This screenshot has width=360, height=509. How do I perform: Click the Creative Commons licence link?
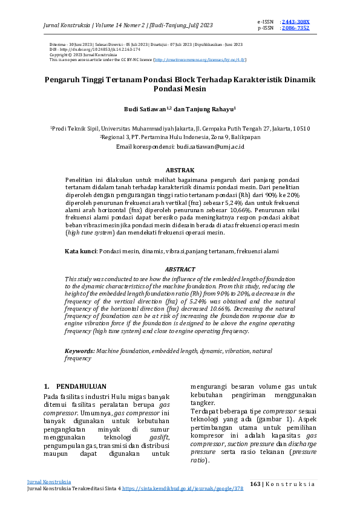[190, 60]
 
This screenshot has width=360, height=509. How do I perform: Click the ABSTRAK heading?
[180, 171]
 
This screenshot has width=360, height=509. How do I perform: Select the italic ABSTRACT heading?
[180, 269]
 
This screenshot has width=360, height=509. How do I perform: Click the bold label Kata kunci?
[80, 250]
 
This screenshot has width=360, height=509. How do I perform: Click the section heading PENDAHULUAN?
[81, 386]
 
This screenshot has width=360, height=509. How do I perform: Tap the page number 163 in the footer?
[255, 484]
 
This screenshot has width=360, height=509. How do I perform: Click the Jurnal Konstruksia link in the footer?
[49, 482]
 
